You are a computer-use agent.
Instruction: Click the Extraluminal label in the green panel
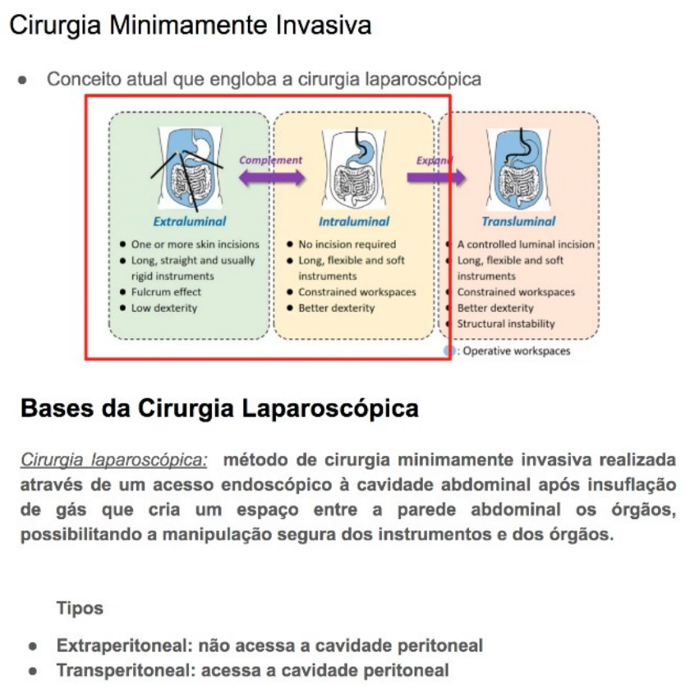click(190, 221)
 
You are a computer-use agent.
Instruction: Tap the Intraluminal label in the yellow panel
click(354, 221)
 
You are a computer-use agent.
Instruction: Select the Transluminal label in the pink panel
click(518, 221)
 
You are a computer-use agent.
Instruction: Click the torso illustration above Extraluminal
click(190, 168)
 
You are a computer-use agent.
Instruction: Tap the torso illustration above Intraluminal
click(355, 168)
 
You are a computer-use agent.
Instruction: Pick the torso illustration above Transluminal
click(518, 168)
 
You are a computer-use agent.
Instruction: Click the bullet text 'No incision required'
click(347, 244)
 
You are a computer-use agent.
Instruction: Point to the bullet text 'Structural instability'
click(506, 324)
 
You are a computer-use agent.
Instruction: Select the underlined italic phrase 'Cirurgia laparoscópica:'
click(114, 458)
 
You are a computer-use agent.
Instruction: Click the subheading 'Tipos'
click(80, 609)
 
